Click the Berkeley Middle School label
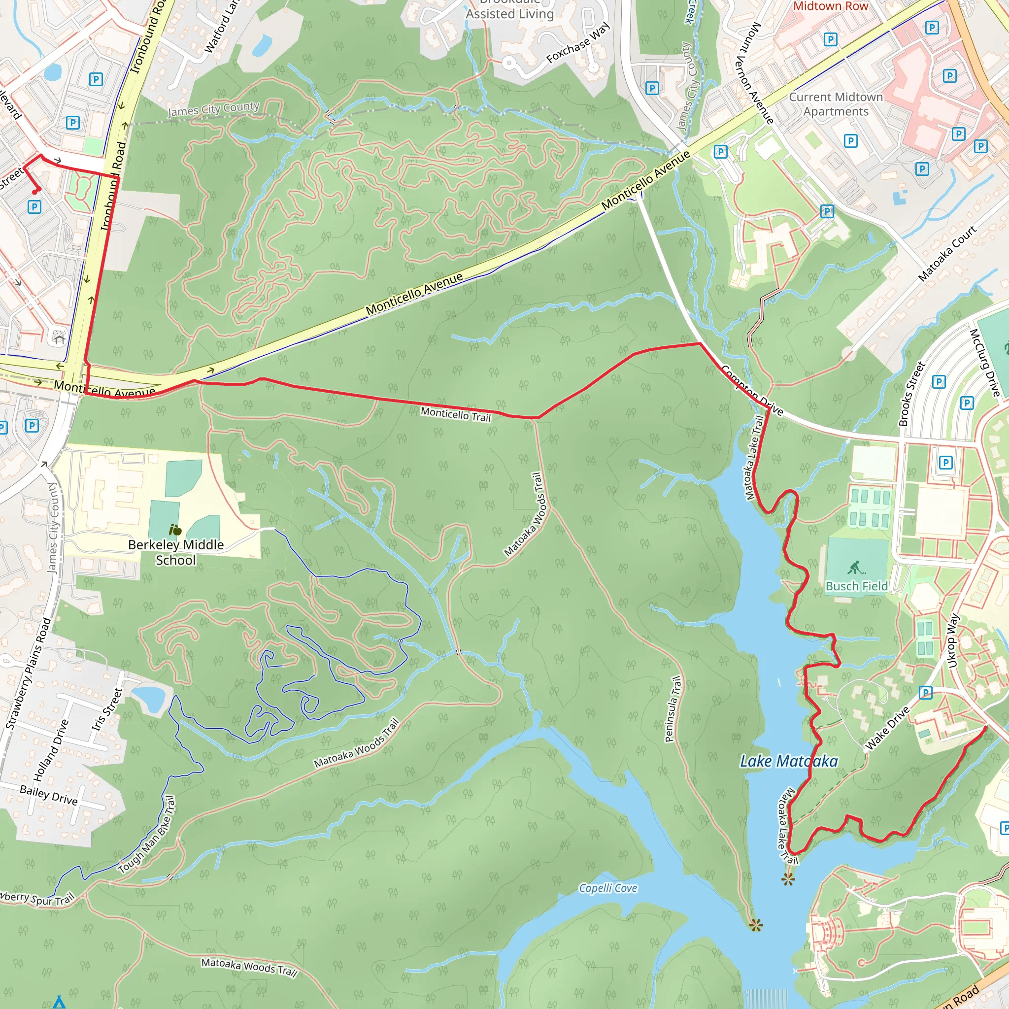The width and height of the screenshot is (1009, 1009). [x=175, y=552]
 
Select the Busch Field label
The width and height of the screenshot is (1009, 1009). [x=856, y=586]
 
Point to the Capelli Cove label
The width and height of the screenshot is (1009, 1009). [x=608, y=888]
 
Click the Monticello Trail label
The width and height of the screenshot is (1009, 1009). [x=455, y=415]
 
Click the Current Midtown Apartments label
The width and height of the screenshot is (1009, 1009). [x=836, y=104]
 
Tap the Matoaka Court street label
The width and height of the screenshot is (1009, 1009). [x=947, y=253]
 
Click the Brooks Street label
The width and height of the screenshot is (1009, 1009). [x=911, y=394]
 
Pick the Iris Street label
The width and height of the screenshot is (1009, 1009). [x=107, y=709]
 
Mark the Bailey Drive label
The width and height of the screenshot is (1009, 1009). [x=49, y=795]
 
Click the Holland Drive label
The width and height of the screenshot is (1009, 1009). [x=51, y=749]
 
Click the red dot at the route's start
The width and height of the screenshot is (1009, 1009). [x=35, y=192]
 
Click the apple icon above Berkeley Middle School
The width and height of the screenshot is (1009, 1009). [x=175, y=530]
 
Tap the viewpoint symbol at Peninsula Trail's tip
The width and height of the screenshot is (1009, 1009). [x=756, y=926]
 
